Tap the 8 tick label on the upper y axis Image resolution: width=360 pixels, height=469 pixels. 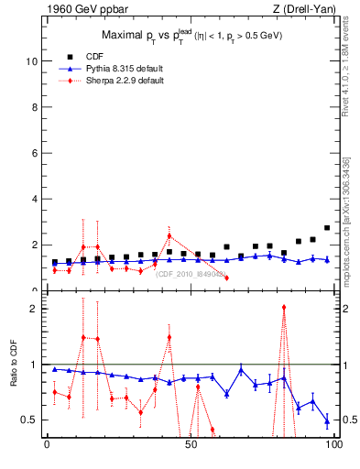(33, 107)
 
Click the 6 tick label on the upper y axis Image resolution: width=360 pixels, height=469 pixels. (33, 153)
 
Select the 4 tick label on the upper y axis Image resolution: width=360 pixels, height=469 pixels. (33, 199)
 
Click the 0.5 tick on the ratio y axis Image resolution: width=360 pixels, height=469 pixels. (29, 420)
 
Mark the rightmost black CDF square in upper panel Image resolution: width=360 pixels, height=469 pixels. (327, 228)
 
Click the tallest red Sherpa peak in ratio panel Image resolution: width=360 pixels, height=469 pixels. (284, 308)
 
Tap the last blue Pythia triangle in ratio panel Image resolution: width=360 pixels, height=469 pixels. (327, 421)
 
